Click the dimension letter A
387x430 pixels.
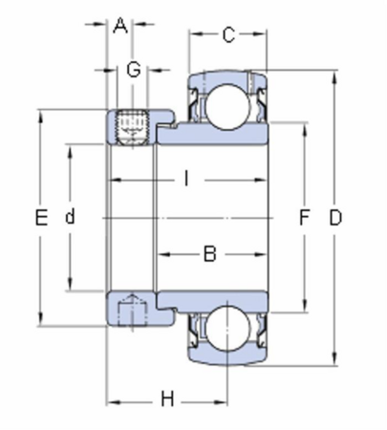120,26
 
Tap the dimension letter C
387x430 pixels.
228,34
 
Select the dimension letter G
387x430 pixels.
134,70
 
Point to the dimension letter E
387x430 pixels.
41,218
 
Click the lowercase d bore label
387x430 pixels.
70,216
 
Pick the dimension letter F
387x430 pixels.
305,218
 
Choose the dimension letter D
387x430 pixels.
335,218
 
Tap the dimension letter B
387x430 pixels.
209,254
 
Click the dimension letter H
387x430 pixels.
167,399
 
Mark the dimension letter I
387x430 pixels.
186,178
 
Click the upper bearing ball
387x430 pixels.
226,107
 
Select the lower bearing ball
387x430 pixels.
226,328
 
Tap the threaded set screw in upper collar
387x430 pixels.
133,127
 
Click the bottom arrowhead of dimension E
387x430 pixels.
40,318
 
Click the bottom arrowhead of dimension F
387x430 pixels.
305,306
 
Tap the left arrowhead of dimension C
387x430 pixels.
196,33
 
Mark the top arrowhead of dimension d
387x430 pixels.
70,152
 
